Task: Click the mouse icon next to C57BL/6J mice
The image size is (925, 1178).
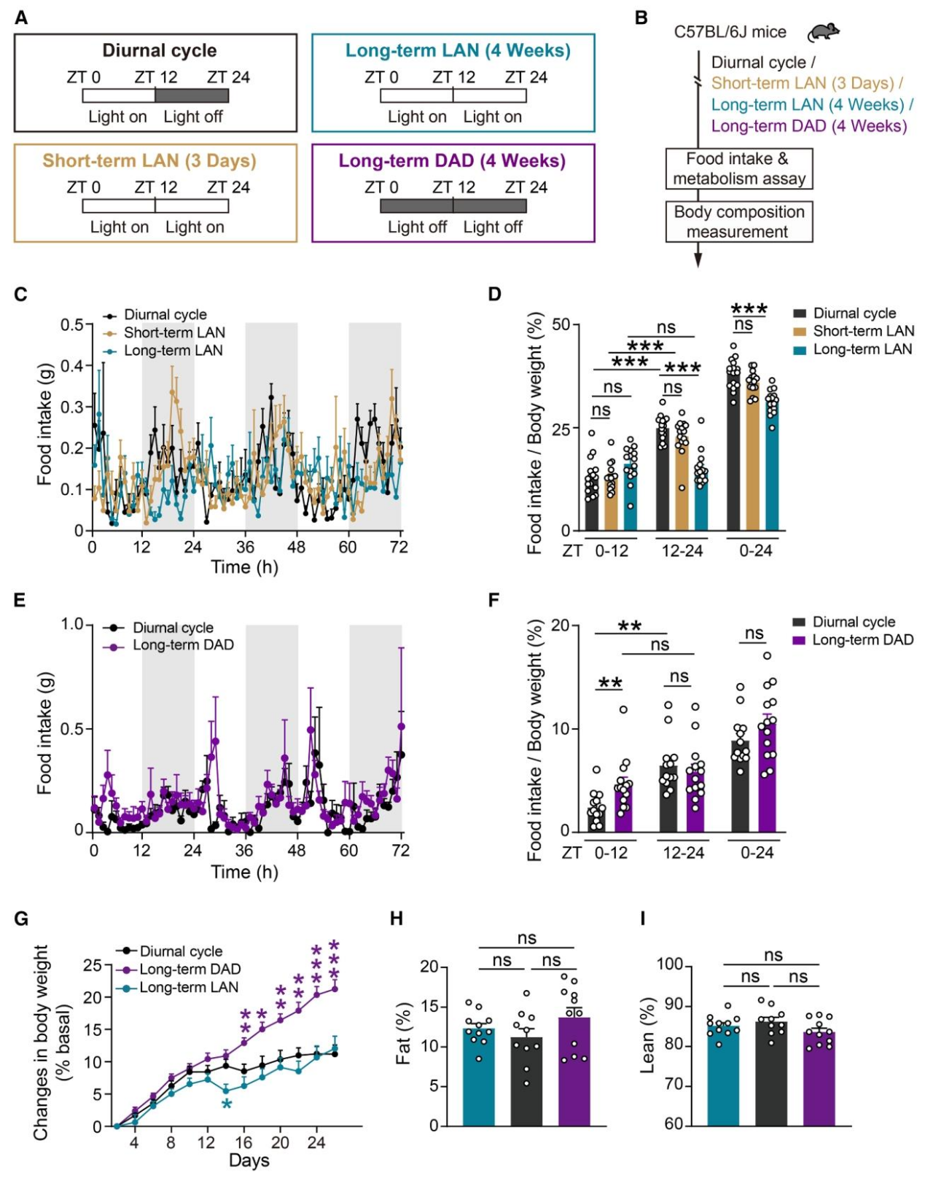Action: click(x=824, y=32)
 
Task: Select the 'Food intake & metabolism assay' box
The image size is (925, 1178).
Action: click(x=738, y=169)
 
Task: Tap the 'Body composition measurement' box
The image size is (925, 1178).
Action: click(x=738, y=222)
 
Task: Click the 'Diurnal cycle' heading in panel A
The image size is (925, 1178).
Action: click(x=159, y=51)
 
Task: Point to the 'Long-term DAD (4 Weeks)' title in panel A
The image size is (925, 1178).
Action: click(x=452, y=161)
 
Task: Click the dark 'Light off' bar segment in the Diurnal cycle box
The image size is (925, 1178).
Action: click(x=192, y=95)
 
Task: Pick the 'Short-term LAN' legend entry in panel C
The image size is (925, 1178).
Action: click(x=173, y=333)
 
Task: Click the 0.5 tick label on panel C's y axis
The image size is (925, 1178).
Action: click(x=71, y=324)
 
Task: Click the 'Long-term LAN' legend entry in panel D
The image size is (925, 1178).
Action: click(x=862, y=350)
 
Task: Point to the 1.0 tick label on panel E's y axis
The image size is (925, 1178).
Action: click(x=71, y=625)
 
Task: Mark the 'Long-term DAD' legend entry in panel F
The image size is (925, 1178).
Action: click(x=862, y=640)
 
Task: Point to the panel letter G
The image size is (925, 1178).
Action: click(x=22, y=918)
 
